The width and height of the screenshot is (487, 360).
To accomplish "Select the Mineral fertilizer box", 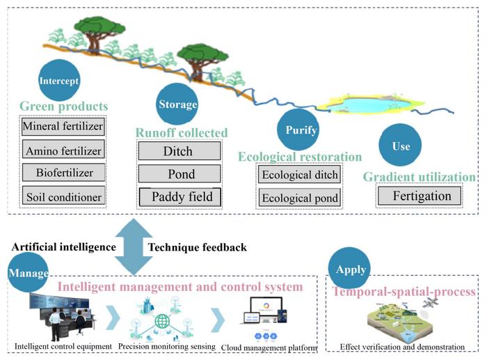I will pos(63,127).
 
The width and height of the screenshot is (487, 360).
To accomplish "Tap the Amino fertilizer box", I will pos(63,150).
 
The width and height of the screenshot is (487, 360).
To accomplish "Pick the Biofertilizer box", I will pos(63,172).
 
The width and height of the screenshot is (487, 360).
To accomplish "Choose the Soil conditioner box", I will pos(63,196).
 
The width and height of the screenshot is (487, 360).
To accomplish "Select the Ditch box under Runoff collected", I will pos(179,150).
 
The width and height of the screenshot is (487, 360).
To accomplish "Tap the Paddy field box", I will pos(179,197).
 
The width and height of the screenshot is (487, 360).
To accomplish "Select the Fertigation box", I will pos(422,196).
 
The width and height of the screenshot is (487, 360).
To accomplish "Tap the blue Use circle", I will pos(401,147).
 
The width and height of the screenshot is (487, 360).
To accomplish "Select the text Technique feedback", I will pos(197,247).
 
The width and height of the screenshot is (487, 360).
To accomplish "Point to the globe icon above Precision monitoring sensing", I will pos(162,321).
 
